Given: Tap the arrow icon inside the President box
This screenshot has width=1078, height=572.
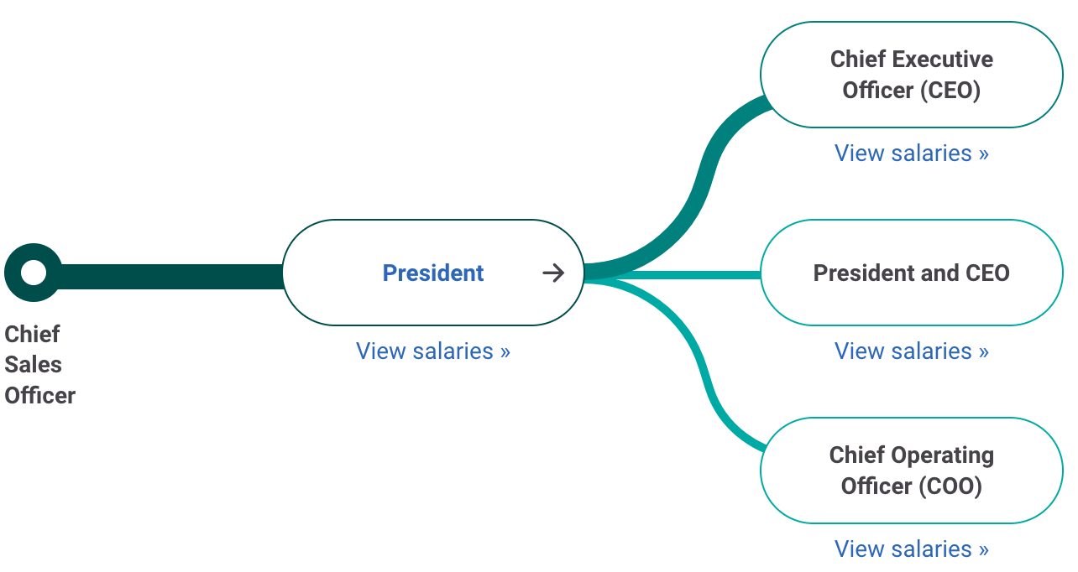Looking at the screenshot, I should [553, 273].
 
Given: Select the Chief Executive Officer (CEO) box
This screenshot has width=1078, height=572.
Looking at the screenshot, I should [911, 75].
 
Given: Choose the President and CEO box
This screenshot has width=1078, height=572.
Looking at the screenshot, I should [911, 273].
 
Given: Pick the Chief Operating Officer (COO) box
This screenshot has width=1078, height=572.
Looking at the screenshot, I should [911, 471].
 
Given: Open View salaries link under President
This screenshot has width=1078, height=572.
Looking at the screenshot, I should [432, 351].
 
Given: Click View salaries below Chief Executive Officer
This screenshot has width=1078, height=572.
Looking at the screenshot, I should [911, 153].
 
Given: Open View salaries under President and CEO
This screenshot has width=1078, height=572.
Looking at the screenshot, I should [911, 351].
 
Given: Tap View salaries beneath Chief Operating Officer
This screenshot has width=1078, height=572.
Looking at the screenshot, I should [911, 549].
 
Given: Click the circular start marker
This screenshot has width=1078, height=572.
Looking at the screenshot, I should [34, 273].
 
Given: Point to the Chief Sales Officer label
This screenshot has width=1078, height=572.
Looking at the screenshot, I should [39, 364].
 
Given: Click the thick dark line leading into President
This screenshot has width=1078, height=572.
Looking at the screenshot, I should [168, 275].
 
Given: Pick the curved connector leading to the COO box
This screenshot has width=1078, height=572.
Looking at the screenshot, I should [704, 369].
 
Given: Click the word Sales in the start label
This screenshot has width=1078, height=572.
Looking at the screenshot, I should [34, 365].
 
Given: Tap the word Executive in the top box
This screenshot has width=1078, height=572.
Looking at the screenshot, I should [942, 60].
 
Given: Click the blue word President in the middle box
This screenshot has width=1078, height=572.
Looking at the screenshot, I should [432, 273].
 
